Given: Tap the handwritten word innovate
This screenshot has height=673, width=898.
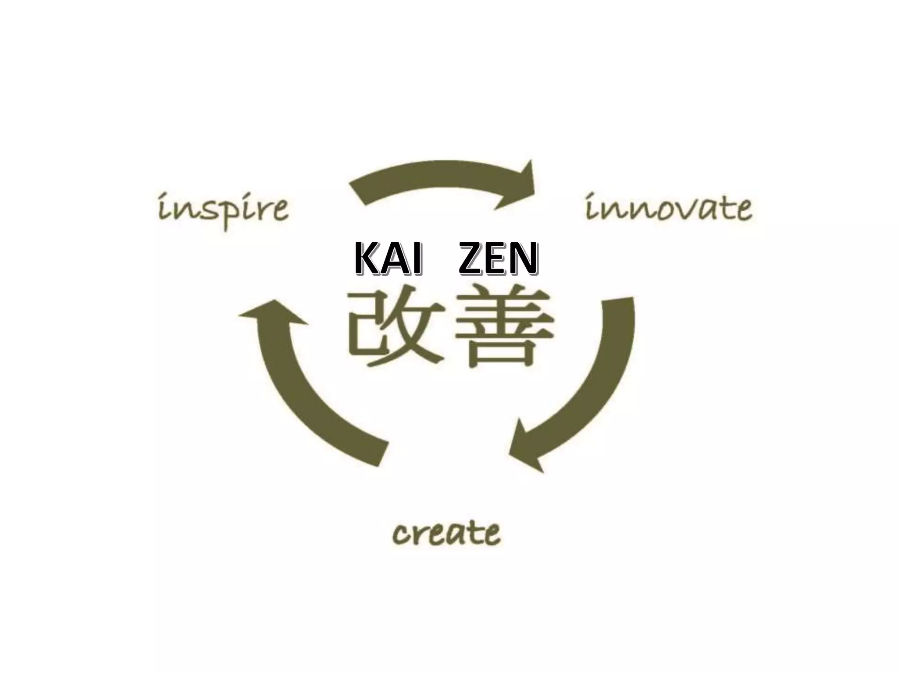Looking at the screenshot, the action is tap(669, 208).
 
